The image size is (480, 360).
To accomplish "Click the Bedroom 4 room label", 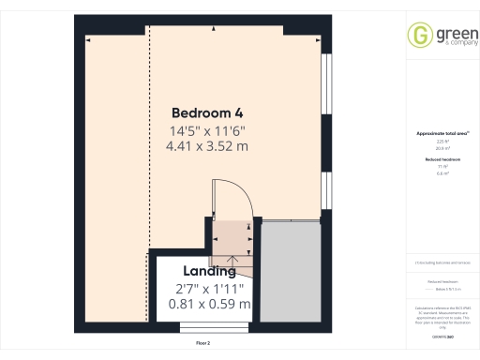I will point(207,113).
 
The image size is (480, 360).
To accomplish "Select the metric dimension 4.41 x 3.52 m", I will point(207,146).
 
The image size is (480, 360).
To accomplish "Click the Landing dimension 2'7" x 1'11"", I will point(208,288).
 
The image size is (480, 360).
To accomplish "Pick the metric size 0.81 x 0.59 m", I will point(208,304).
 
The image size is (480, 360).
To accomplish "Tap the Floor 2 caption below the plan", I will point(203,344).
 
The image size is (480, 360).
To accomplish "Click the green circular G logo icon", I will point(418,36).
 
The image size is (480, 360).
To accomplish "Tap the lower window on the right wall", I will point(325,191).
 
